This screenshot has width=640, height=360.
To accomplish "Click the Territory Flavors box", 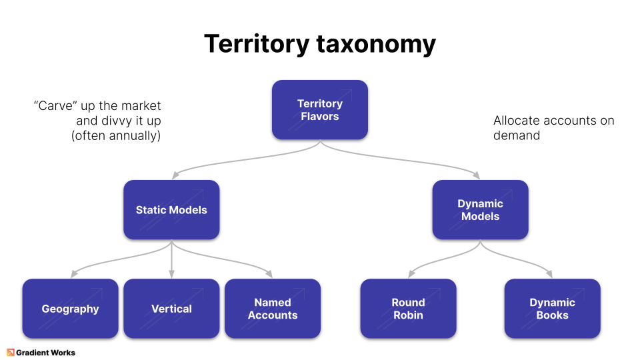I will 319,110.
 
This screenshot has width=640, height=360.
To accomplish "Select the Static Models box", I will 171,210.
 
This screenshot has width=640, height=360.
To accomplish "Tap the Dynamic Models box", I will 480,210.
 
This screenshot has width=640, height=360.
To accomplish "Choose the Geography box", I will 70,309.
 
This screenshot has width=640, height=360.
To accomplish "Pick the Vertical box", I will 171,309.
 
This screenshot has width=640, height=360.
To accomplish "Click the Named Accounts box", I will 273,309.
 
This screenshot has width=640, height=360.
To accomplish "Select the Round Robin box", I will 408,309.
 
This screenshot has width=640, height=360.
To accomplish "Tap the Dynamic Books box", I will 552,309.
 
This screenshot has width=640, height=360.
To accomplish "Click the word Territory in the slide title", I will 257,44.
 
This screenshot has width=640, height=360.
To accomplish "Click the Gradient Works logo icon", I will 11,352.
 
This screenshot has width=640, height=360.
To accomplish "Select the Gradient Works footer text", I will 46,352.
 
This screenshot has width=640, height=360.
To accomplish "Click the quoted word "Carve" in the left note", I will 55,106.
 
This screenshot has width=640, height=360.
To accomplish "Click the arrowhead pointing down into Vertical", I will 171,274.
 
